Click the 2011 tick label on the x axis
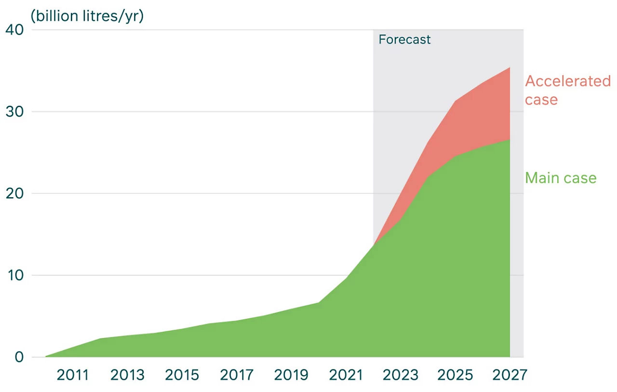click(73, 375)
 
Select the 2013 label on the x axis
click(128, 375)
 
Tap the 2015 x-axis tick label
click(182, 375)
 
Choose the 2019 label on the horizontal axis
click(292, 375)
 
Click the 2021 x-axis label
click(346, 375)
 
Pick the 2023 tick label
click(401, 375)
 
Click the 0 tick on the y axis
click(19, 357)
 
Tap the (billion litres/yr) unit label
click(87, 16)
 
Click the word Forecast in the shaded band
click(404, 40)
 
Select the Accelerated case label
click(567, 90)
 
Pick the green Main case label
click(561, 178)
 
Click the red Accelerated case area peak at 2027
click(510, 68)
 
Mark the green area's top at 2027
click(510, 140)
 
